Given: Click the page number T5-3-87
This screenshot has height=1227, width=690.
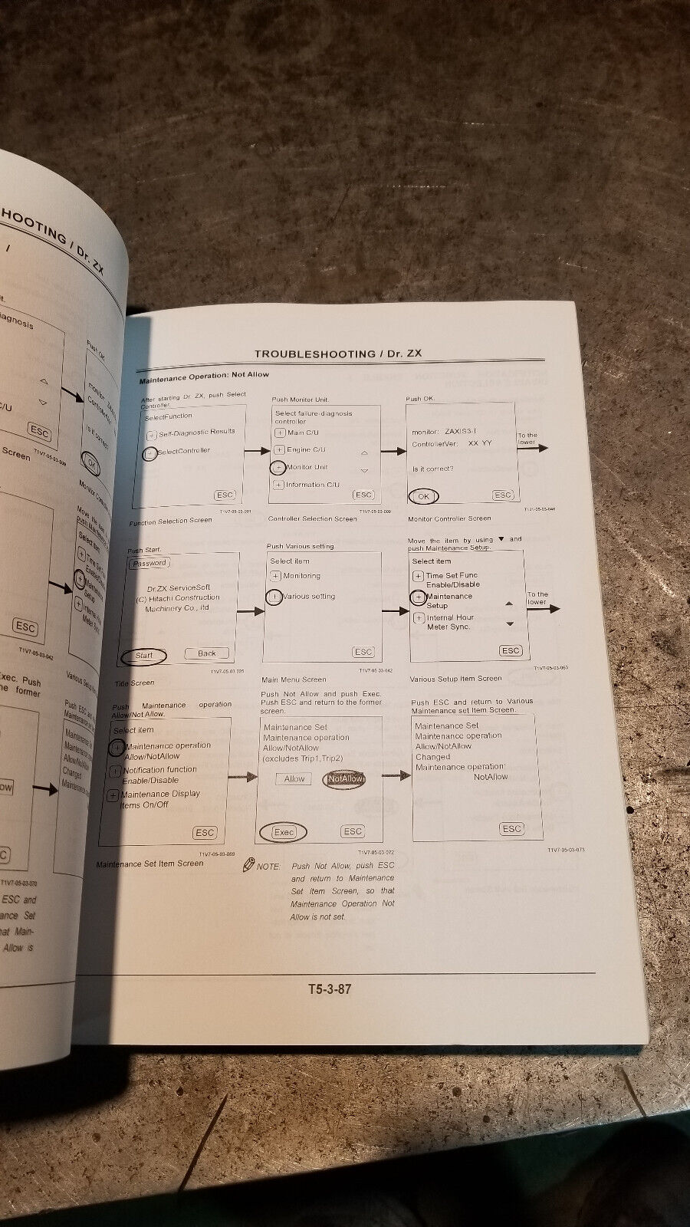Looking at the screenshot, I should [x=330, y=989].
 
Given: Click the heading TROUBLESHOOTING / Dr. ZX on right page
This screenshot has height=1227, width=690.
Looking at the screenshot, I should [x=337, y=354].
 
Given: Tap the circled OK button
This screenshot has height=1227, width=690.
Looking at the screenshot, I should [x=423, y=496].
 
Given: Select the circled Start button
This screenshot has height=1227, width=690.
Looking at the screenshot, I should [x=144, y=656].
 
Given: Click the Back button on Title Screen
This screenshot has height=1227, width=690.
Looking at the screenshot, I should [x=207, y=653].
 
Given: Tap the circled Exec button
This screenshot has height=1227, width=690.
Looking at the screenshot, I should [x=283, y=831].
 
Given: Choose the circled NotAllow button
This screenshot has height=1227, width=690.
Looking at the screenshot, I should [x=344, y=779].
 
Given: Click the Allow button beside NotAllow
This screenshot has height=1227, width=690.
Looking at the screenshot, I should [x=294, y=779].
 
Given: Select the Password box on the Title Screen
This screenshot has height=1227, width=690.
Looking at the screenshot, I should [x=149, y=563].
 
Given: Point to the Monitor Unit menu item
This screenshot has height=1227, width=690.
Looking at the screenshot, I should [x=307, y=467].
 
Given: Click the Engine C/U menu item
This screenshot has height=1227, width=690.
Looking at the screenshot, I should [x=305, y=450].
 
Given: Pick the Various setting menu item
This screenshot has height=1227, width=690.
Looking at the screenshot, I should [x=308, y=597].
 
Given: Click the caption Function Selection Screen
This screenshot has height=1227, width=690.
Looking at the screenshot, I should [x=170, y=520].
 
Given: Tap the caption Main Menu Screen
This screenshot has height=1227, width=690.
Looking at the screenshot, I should [x=294, y=679].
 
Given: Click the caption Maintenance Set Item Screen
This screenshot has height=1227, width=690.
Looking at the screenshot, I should [x=149, y=864].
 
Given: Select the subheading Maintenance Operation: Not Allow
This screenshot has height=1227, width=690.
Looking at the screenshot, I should [x=204, y=375].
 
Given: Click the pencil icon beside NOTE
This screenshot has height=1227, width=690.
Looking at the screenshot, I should [x=248, y=865].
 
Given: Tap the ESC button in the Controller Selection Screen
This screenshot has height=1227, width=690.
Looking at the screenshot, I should [x=363, y=495].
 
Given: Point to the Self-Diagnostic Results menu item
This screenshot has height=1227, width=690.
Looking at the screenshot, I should [x=196, y=433].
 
